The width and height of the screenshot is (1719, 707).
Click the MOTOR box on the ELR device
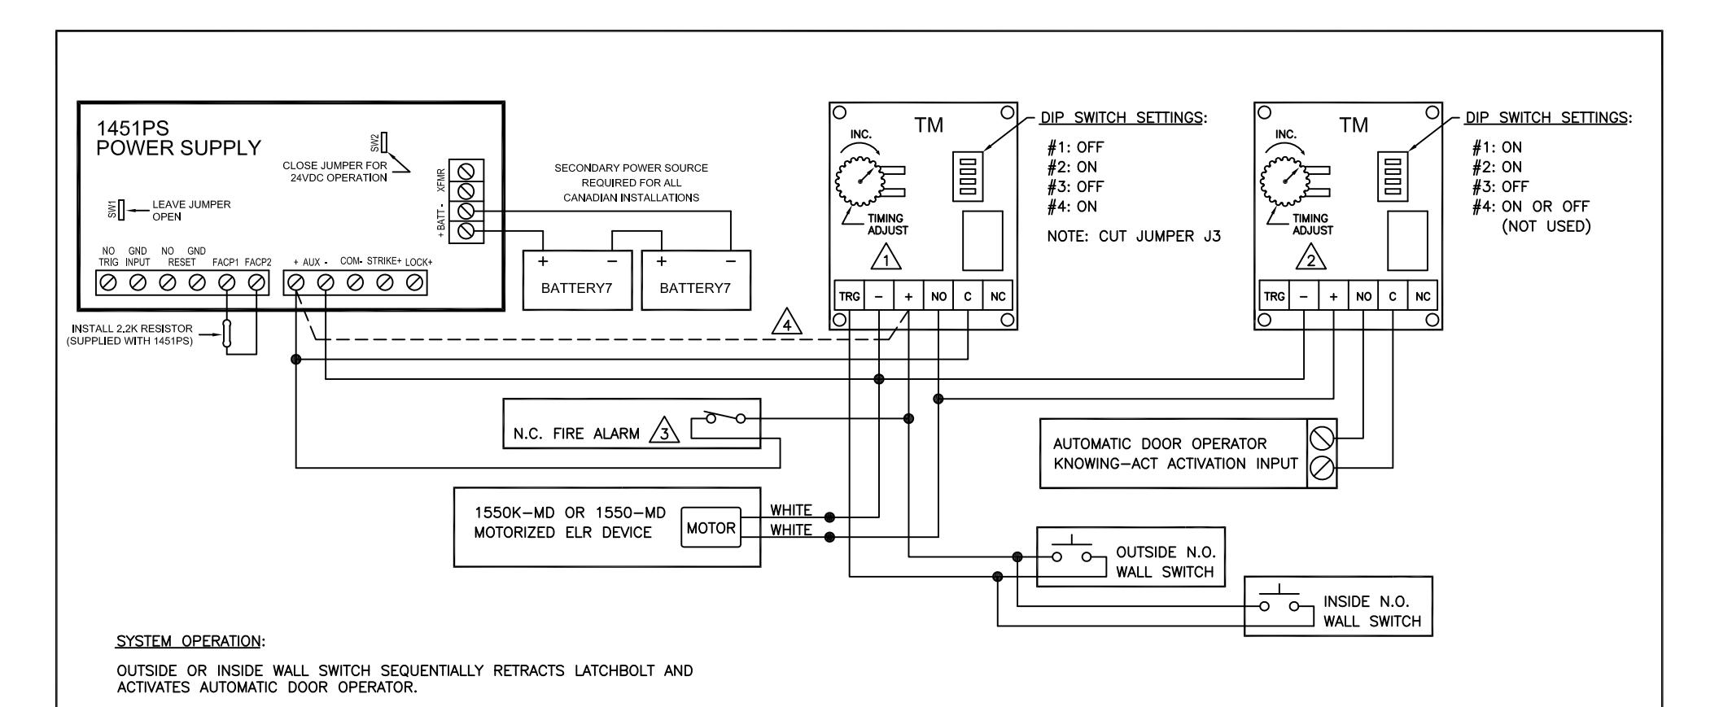pos(711,528)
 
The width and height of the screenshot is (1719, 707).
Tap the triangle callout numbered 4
pos(786,325)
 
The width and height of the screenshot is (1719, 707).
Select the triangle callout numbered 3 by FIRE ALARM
pos(665,434)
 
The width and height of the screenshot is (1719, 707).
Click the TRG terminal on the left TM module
pos(849,297)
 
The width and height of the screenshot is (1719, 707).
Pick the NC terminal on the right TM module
pos(1423,296)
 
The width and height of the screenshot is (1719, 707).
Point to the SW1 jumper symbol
pos(121,211)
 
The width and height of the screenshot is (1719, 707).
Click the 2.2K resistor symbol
pos(227,337)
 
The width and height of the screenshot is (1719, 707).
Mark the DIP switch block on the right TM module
pos(1392,176)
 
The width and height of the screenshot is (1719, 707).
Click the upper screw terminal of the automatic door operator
pos(1321,439)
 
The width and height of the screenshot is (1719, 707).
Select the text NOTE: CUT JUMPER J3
pos(1135,237)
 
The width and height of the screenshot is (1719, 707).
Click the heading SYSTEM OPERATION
pos(191,641)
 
